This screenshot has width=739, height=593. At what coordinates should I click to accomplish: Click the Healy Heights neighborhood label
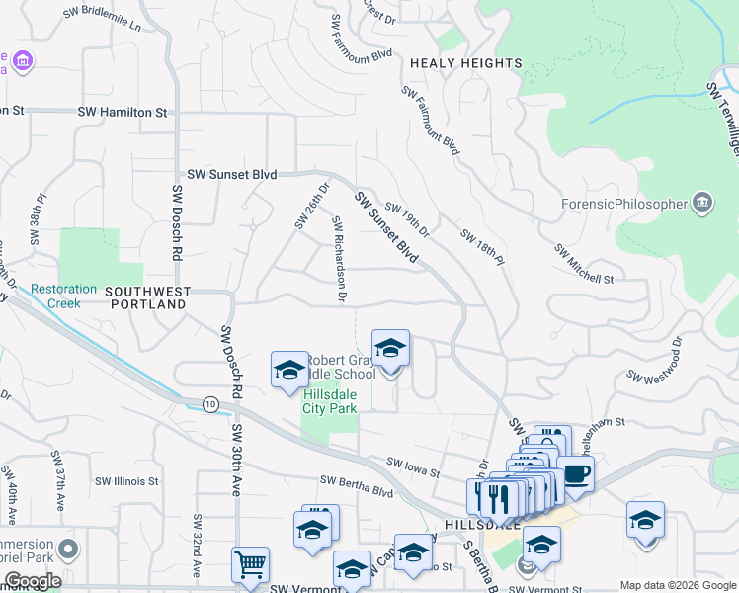[465, 63]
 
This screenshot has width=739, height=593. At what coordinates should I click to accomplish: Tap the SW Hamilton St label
[122, 113]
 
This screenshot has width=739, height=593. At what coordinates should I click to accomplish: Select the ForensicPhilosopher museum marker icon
[702, 203]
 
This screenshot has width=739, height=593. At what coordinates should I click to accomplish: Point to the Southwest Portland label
[146, 298]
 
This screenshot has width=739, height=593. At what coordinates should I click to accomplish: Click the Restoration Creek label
[64, 296]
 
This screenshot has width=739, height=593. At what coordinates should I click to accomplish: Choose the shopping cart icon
[250, 565]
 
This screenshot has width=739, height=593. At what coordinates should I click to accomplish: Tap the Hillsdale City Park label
[329, 400]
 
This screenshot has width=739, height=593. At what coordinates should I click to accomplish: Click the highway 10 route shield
[210, 403]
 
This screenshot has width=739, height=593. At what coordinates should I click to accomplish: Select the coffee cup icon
[577, 474]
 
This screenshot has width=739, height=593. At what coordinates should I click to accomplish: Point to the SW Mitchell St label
[584, 264]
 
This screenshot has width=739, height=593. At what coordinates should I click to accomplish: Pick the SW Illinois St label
[128, 481]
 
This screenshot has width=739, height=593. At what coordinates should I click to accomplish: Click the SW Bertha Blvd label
[357, 484]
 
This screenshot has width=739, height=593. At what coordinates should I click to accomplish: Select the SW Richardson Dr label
[338, 258]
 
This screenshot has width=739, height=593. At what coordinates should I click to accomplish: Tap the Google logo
[32, 581]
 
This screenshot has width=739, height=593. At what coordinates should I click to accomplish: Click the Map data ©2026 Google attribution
[678, 585]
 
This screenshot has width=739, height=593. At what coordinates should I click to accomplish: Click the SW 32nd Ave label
[198, 547]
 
